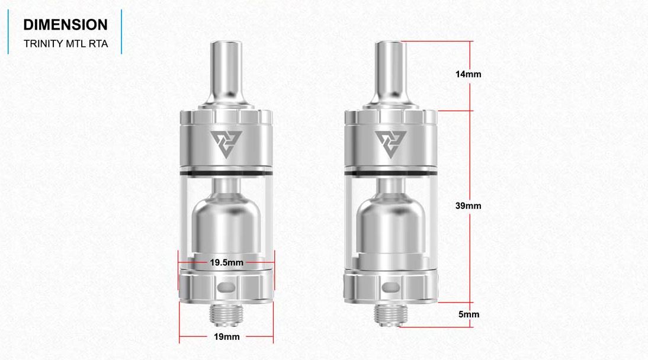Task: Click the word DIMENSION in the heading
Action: pyautogui.click(x=65, y=25)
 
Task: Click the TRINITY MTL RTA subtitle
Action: pyautogui.click(x=65, y=44)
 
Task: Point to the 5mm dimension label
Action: pyautogui.click(x=469, y=314)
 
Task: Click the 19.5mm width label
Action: pyautogui.click(x=226, y=261)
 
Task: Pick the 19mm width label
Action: pyautogui.click(x=226, y=337)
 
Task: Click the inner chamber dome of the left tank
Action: pyautogui.click(x=226, y=222)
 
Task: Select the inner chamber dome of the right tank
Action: pyautogui.click(x=390, y=222)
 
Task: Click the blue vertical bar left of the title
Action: pyautogui.click(x=8, y=31)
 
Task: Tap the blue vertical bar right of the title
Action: pyautogui.click(x=121, y=31)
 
